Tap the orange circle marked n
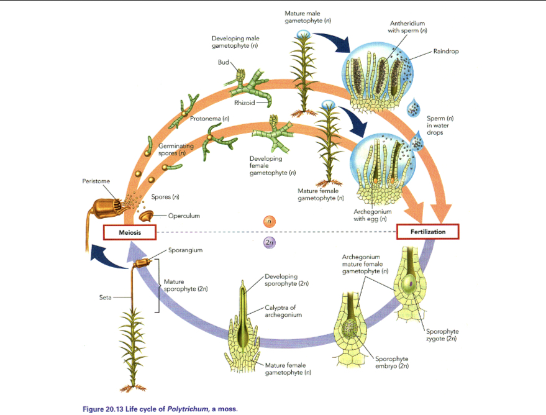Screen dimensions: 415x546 [x=268, y=221]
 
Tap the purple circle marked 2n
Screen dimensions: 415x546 [x=269, y=243]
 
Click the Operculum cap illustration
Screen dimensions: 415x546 [x=147, y=217]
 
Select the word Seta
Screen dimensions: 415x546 [x=106, y=298]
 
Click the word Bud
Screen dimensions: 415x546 [x=223, y=62]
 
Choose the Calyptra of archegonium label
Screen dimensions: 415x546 [x=283, y=311]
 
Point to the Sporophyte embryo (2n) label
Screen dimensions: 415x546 [x=392, y=363]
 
